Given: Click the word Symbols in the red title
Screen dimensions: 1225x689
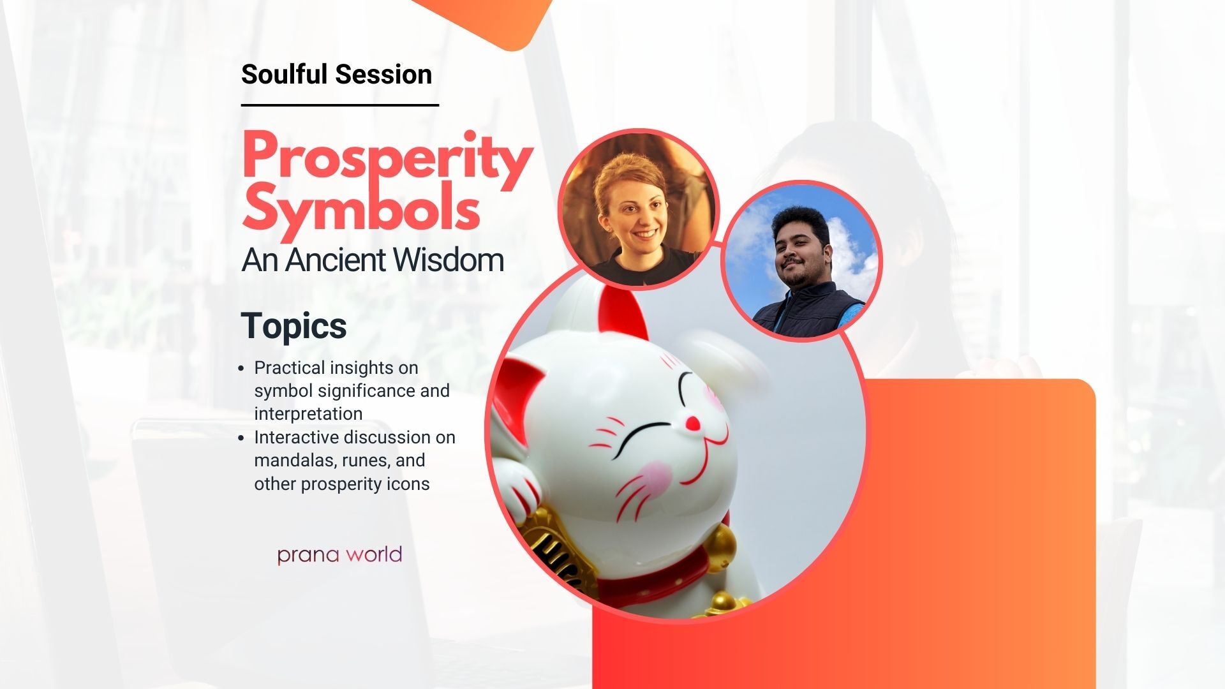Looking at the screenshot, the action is (360, 208).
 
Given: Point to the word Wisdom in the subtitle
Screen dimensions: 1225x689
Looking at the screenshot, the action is (448, 260).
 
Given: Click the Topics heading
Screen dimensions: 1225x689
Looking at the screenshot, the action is (293, 326).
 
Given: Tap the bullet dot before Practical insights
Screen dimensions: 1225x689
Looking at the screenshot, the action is (241, 369).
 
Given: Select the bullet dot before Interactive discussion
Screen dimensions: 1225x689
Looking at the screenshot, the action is (241, 438).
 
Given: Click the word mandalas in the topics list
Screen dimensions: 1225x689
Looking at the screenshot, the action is (295, 461).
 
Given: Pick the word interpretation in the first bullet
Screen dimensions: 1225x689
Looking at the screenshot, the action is (308, 414).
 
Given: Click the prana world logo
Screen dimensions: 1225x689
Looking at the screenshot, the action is (339, 554).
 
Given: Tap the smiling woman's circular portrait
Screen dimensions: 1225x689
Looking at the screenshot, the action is (639, 209).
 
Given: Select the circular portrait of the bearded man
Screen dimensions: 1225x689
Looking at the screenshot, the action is (801, 260).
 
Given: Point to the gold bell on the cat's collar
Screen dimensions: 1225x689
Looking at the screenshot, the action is (720, 547).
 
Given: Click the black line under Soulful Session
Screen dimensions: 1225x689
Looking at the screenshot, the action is (340, 105).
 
